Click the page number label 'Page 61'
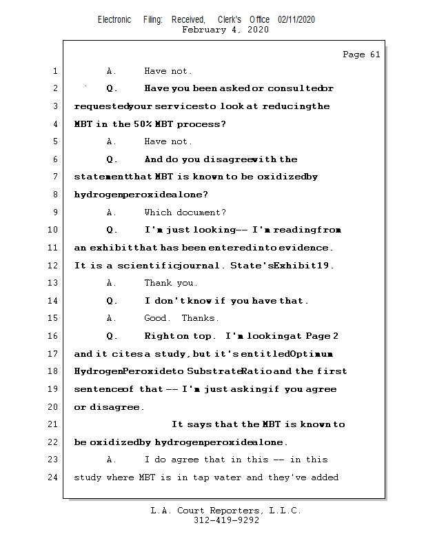coord(361,55)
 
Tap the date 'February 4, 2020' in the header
coord(225,30)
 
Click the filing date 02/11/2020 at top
coord(296,20)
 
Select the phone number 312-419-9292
coord(226,521)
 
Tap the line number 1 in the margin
coord(55,71)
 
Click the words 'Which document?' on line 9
coord(185,213)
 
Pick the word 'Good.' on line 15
coord(156,318)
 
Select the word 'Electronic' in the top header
coord(114,20)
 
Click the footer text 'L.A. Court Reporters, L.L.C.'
coord(226,511)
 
